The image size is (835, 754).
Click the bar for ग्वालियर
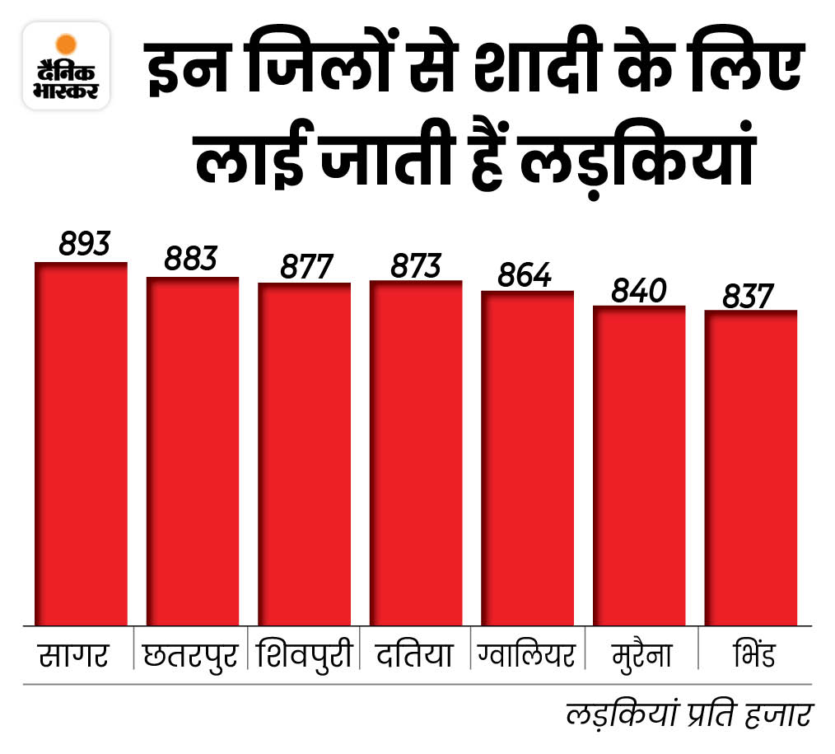pos(528,458)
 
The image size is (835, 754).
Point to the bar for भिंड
pos(751,467)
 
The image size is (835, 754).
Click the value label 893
pos(84,244)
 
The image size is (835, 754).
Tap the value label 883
pos(190,259)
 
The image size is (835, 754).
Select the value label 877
pos(306,266)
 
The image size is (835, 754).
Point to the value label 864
pos(524,274)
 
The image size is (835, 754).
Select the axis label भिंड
pos(749,655)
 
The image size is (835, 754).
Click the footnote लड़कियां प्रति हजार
pos(689,714)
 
